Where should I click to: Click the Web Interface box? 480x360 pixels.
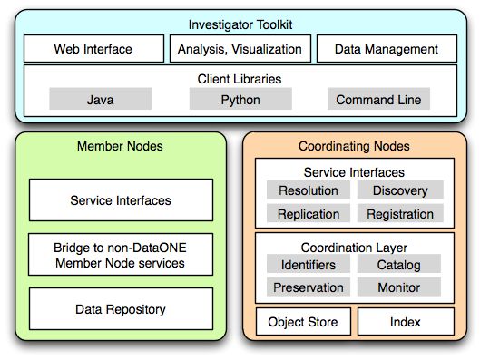point(93,49)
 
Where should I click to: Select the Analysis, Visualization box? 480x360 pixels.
point(240,49)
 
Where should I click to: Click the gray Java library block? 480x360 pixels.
point(100,100)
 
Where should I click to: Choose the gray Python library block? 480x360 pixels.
point(240,100)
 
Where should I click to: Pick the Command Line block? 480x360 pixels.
point(378,100)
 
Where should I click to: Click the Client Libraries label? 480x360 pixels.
point(240,79)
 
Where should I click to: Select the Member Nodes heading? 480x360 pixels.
point(120,146)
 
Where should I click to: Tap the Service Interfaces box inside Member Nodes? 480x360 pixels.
point(120,200)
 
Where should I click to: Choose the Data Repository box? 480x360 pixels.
point(120,309)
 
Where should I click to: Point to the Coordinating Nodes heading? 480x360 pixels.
point(354,146)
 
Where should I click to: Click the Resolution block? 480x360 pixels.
point(309,190)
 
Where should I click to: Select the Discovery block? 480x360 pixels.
point(400,190)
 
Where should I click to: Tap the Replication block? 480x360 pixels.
point(309,214)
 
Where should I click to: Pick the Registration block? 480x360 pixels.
point(400,214)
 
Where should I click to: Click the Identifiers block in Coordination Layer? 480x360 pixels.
point(309,265)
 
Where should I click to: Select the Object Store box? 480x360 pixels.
point(303,322)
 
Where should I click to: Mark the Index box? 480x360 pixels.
point(404,322)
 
